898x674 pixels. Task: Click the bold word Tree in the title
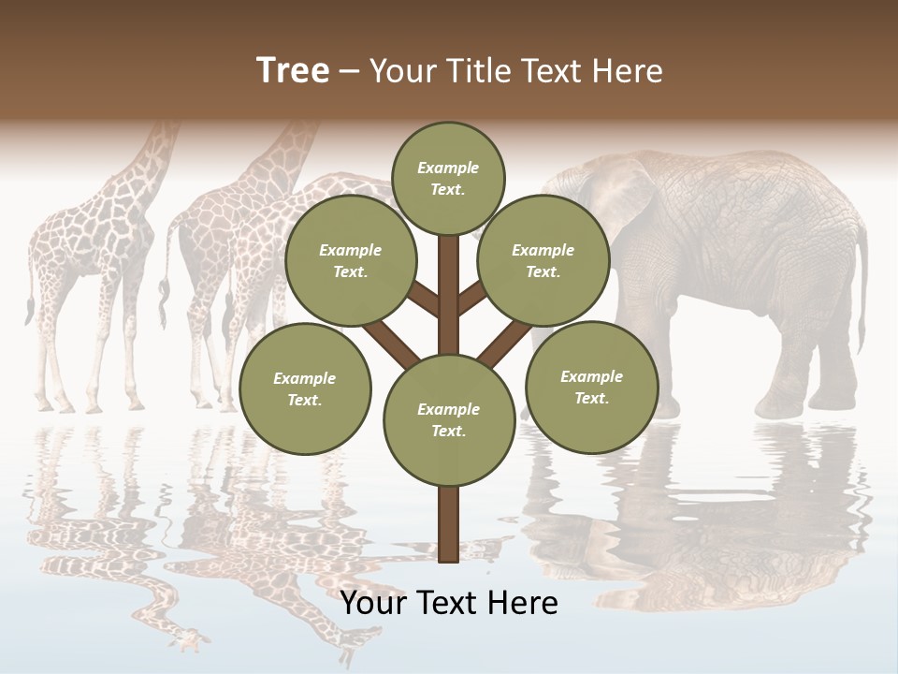(293, 70)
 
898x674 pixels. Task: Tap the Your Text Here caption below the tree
(449, 603)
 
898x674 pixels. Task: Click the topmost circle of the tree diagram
(448, 178)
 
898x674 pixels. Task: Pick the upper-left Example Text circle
(350, 261)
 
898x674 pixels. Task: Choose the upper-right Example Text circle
(543, 261)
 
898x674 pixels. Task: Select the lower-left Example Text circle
(305, 388)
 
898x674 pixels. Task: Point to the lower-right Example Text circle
(591, 386)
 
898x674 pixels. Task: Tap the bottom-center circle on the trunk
(449, 419)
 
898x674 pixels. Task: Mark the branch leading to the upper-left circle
(425, 301)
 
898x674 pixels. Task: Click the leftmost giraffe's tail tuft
(30, 309)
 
